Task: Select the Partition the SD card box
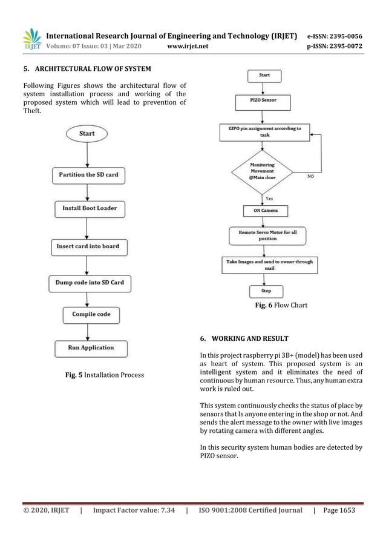coord(88,175)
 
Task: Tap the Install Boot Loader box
coord(89,208)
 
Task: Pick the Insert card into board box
coord(88,246)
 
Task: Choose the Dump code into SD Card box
coord(90,282)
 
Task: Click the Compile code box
coord(91,315)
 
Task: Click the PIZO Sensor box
coord(264,100)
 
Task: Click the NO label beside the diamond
coord(310,176)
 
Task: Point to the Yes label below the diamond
coord(269,197)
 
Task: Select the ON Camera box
coord(265,211)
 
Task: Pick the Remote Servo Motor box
coord(267,235)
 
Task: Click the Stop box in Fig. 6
coord(266,291)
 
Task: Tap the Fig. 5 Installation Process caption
coord(105,375)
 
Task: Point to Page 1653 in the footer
coord(339,510)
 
